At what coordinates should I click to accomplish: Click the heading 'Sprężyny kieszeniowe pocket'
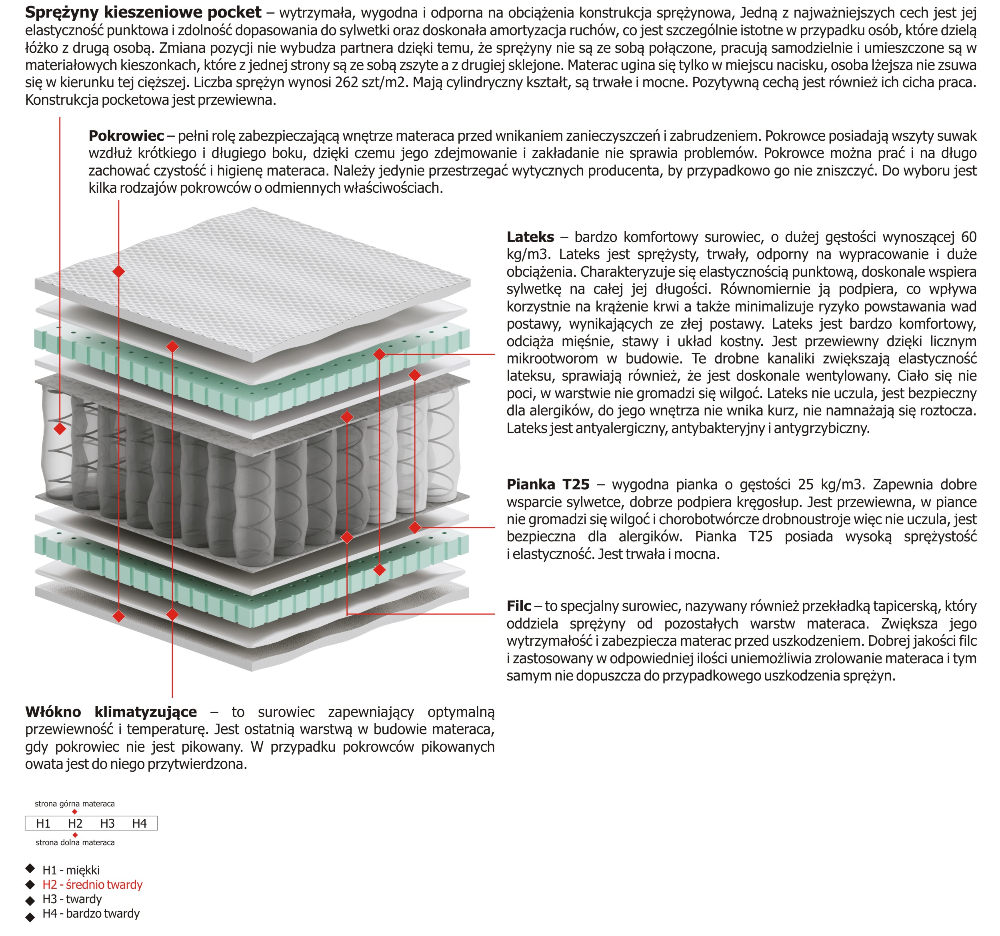(143, 12)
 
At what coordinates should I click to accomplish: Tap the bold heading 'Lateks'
(530, 237)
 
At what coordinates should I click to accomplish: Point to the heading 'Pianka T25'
(548, 485)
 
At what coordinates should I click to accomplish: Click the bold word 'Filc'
(519, 606)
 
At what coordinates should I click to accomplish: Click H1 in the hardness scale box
(43, 823)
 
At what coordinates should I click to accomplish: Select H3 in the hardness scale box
(107, 823)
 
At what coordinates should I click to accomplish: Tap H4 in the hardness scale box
(139, 823)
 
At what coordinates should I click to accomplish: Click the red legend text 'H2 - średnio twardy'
(92, 885)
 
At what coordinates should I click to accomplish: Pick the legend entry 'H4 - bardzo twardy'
(91, 913)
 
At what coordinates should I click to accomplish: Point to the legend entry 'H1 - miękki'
(71, 870)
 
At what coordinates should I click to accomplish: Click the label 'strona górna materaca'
(74, 804)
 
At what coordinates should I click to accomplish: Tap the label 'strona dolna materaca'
(75, 842)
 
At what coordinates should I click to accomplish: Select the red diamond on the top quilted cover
(119, 271)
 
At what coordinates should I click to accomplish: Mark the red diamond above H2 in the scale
(74, 812)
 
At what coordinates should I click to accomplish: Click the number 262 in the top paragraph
(346, 82)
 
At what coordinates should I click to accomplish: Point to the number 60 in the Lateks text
(968, 237)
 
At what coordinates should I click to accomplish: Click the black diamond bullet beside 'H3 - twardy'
(30, 900)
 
